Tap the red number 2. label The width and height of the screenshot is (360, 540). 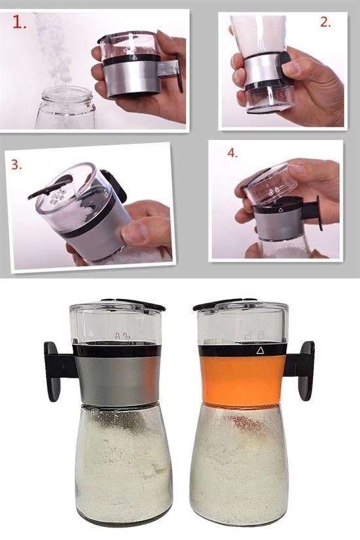pyautogui.click(x=325, y=22)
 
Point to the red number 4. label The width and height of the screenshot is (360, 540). pyautogui.click(x=232, y=153)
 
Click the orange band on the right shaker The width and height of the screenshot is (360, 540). pyautogui.click(x=243, y=378)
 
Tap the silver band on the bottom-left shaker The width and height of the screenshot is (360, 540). pyautogui.click(x=117, y=380)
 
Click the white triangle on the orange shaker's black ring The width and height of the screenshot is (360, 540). pyautogui.click(x=260, y=351)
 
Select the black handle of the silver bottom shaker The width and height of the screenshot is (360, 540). pyautogui.click(x=59, y=371)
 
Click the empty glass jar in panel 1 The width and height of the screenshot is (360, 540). pyautogui.click(x=65, y=108)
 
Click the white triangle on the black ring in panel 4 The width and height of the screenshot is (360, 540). pyautogui.click(x=280, y=209)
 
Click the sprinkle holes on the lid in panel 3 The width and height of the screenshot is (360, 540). pyautogui.click(x=58, y=196)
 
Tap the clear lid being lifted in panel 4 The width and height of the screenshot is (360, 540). pyautogui.click(x=271, y=183)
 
